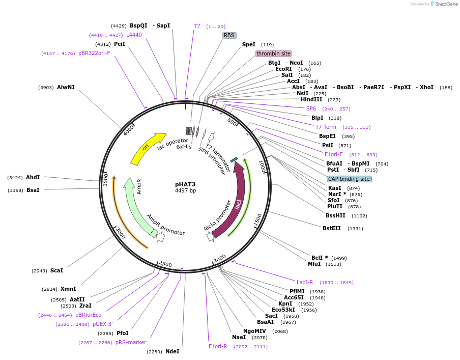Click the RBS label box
coord(229,35)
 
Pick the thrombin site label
coord(273,53)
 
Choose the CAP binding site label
coord(349,179)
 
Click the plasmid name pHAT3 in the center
coord(185,184)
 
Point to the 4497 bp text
coord(185,191)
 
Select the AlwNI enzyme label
coord(66,87)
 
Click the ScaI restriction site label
coord(56,270)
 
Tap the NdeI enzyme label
coord(172,351)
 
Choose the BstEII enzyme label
coord(331,228)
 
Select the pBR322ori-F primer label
coord(94,53)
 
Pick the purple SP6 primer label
coord(311,108)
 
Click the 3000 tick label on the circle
coord(121,233)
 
